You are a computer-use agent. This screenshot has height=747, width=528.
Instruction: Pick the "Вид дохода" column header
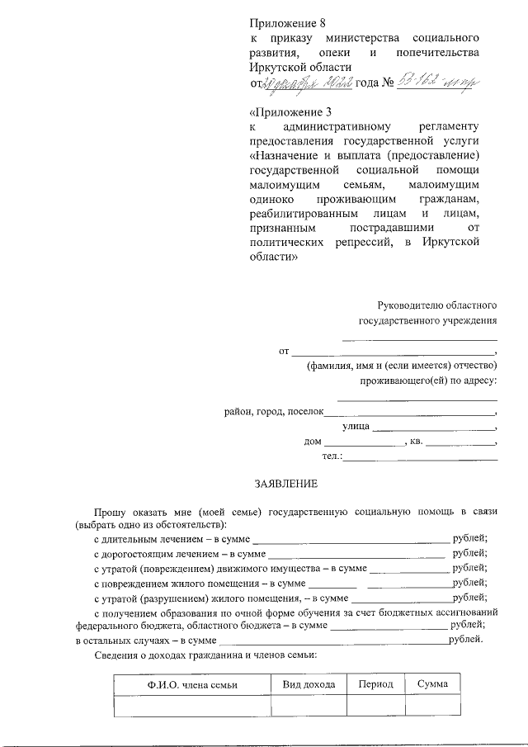click(309, 684)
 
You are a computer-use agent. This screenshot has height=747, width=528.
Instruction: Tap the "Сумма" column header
click(432, 684)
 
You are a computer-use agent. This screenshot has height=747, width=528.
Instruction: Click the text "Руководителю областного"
click(436, 305)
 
